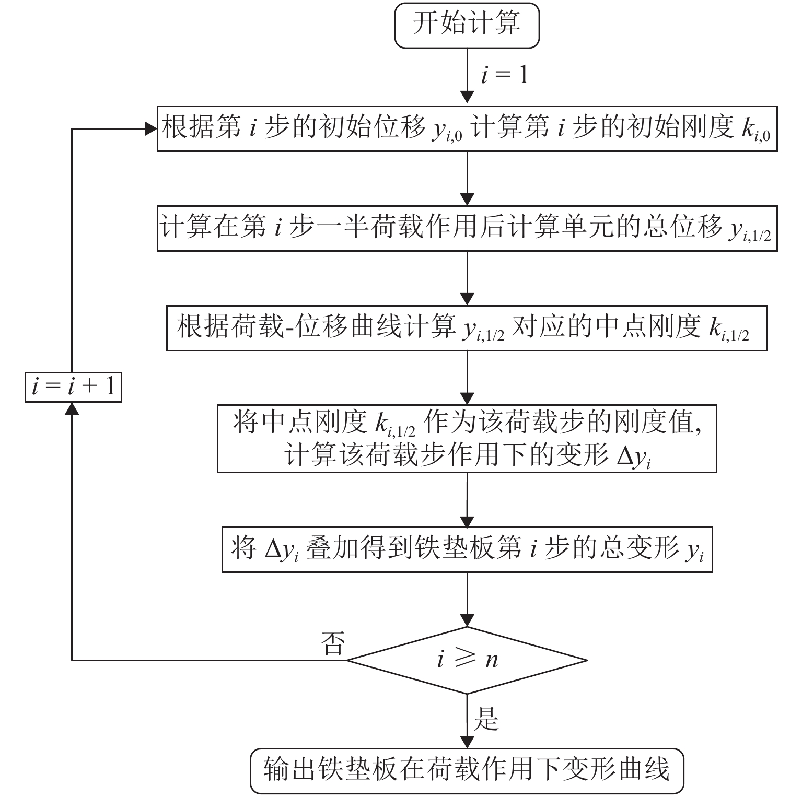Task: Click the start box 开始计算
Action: tap(467, 25)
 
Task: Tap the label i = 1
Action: tap(504, 75)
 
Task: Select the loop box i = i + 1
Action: tap(73, 386)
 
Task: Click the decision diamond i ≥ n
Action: tap(467, 660)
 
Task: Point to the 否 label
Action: tap(333, 643)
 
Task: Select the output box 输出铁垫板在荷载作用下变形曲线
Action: tap(467, 771)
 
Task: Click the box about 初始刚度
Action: tap(467, 128)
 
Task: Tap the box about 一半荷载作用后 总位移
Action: tap(467, 229)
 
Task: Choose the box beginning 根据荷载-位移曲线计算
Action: tap(467, 328)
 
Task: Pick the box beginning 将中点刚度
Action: tap(467, 439)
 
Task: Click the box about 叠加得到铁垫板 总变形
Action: tap(467, 550)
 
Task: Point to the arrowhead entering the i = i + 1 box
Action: tap(72, 409)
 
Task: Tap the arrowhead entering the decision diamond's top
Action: tap(467, 620)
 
